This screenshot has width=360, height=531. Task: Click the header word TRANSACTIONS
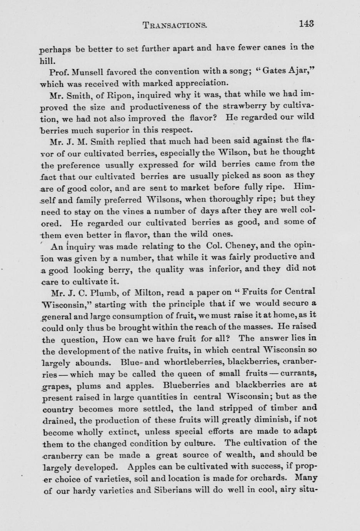[x=175, y=25]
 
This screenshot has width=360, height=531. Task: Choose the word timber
[x=283, y=408]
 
